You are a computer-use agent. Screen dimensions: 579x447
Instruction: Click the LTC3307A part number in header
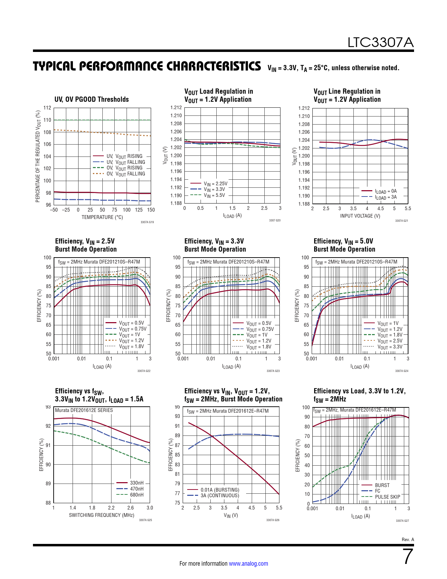pos(380,43)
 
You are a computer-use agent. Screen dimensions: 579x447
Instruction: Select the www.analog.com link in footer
pos(248,564)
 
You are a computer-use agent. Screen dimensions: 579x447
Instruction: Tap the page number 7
pos(408,557)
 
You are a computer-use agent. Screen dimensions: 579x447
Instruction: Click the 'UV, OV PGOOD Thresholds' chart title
pos(92,99)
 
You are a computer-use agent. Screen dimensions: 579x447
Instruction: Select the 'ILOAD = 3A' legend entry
pos(386,197)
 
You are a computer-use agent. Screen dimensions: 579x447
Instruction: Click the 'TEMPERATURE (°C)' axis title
pos(102,217)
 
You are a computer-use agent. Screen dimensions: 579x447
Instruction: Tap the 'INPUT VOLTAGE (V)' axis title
pos(360,216)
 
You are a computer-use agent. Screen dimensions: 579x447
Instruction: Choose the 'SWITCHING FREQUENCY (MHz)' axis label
pos(102,515)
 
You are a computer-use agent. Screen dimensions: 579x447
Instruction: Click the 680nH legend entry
pos(137,495)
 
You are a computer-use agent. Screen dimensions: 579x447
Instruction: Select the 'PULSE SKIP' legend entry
pos(387,497)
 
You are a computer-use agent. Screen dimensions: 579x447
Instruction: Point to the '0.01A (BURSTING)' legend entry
pos(220,490)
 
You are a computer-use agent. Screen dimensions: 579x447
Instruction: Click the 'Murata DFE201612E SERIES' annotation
pos(84,410)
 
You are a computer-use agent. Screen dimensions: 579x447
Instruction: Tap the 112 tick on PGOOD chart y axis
pos(47,108)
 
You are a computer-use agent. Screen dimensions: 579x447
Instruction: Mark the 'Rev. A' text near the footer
pos(408,539)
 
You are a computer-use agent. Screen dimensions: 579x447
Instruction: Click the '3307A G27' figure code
pos(402,521)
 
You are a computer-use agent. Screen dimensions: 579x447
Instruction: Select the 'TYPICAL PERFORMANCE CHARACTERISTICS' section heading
pos(147,66)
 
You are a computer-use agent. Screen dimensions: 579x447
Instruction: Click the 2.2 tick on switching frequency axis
pos(111,508)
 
